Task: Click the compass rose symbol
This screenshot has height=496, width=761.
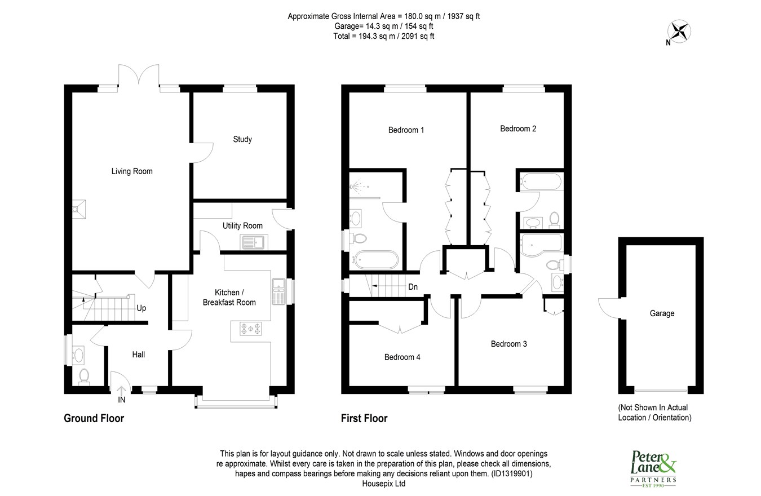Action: tap(679, 32)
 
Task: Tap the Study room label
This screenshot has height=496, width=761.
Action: tap(242, 139)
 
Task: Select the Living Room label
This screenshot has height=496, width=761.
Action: tap(132, 171)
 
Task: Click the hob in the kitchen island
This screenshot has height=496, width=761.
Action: tap(251, 329)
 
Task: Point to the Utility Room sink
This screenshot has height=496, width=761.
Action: tap(254, 242)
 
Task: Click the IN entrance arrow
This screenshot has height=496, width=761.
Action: tap(122, 391)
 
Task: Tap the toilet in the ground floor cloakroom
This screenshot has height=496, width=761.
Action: tap(84, 377)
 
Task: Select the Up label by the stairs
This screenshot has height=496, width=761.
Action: tap(141, 308)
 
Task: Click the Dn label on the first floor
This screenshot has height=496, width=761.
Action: tap(413, 287)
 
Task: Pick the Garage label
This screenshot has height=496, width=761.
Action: tap(662, 313)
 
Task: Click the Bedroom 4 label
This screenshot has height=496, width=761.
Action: tap(402, 357)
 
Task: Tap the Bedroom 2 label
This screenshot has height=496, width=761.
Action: tap(518, 129)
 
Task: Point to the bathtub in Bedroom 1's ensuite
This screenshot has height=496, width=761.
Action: tap(375, 260)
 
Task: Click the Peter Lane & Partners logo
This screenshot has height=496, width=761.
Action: tap(653, 469)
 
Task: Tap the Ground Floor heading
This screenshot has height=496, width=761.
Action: tap(94, 418)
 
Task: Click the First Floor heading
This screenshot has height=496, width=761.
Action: tap(364, 418)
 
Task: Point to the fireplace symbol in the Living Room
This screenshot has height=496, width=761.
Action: tap(79, 209)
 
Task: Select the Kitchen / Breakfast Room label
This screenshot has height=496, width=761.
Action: tap(229, 298)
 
